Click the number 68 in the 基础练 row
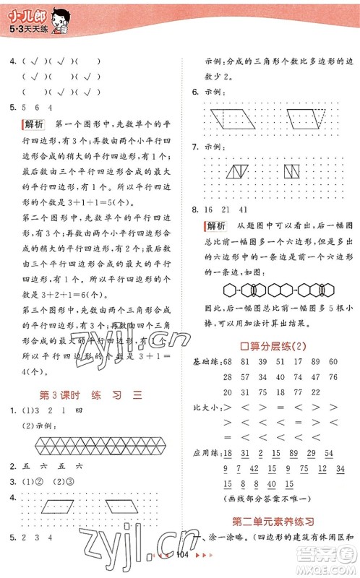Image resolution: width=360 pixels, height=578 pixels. [228, 361]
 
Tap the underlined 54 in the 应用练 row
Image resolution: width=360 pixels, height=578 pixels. [330, 454]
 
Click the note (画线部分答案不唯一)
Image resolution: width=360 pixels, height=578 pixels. [274, 499]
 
